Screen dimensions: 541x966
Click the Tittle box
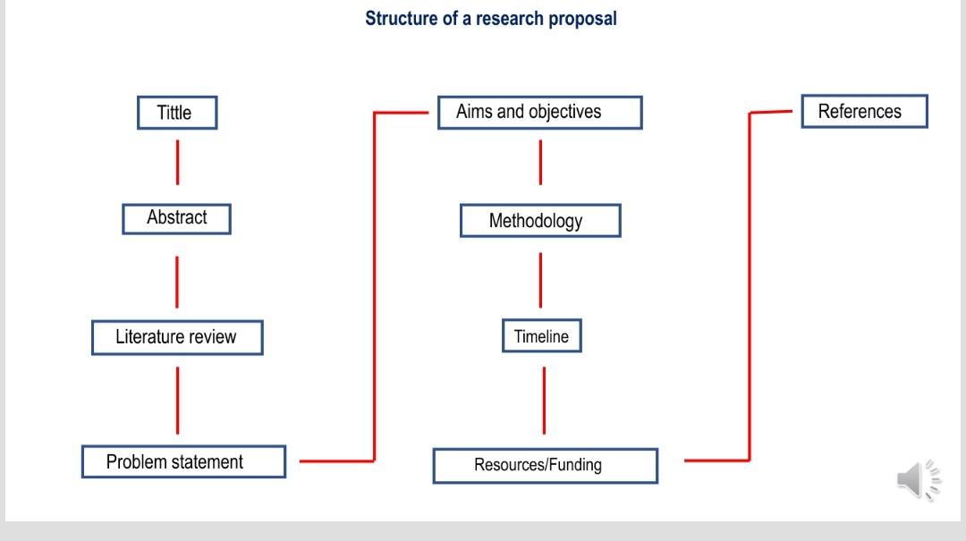pos(176,113)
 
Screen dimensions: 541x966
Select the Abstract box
pos(176,218)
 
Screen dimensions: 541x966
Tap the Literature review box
pos(176,337)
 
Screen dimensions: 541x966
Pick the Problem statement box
pos(182,461)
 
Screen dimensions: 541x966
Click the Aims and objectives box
pos(539,113)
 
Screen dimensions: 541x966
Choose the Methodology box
pos(539,221)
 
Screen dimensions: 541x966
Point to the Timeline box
pos(541,336)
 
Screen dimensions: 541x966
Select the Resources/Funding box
pos(545,465)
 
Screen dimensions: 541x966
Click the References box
pos(863,112)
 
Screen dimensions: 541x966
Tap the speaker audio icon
pos(918,480)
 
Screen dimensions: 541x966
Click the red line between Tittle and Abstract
pos(177,162)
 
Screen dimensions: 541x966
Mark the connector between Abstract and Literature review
pos(176,281)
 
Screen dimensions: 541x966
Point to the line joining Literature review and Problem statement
pos(177,400)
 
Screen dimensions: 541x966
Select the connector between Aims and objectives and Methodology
pos(540,162)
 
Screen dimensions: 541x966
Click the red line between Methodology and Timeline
pos(540,279)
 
